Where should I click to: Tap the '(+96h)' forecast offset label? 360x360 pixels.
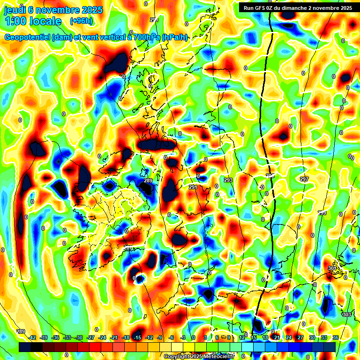pos(81,21)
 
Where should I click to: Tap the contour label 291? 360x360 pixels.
pos(193,187)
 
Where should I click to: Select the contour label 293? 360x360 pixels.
pos(228,180)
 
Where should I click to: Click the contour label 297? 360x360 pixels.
pos(304,180)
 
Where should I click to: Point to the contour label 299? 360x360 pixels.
pos(322,213)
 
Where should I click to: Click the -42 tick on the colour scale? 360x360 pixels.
pos(32,337)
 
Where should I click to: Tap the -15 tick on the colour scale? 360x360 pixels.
pos(137,337)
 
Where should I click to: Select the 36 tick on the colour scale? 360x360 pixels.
pos(336,337)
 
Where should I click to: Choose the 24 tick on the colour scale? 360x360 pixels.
pos(288,337)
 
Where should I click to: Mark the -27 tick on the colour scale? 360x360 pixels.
pos(90,337)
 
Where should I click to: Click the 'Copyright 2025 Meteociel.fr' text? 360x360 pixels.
pos(199,356)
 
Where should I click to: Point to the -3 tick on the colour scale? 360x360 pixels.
pos(184,337)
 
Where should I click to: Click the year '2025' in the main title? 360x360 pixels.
pos(82,10)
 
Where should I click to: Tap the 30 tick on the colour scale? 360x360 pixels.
pos(312,337)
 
